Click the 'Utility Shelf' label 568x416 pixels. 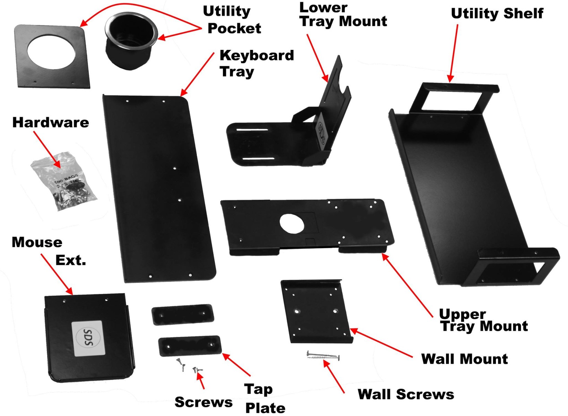click(497, 14)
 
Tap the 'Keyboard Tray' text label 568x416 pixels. click(256, 63)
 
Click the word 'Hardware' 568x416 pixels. click(51, 122)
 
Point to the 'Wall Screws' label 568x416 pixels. click(406, 394)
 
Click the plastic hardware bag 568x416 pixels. click(64, 182)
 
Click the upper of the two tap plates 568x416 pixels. click(183, 314)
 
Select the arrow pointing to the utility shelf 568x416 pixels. click(454, 52)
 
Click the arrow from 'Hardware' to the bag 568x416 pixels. click(48, 150)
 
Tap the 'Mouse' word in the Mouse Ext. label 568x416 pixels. click(37, 242)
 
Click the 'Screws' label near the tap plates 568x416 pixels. click(204, 402)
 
